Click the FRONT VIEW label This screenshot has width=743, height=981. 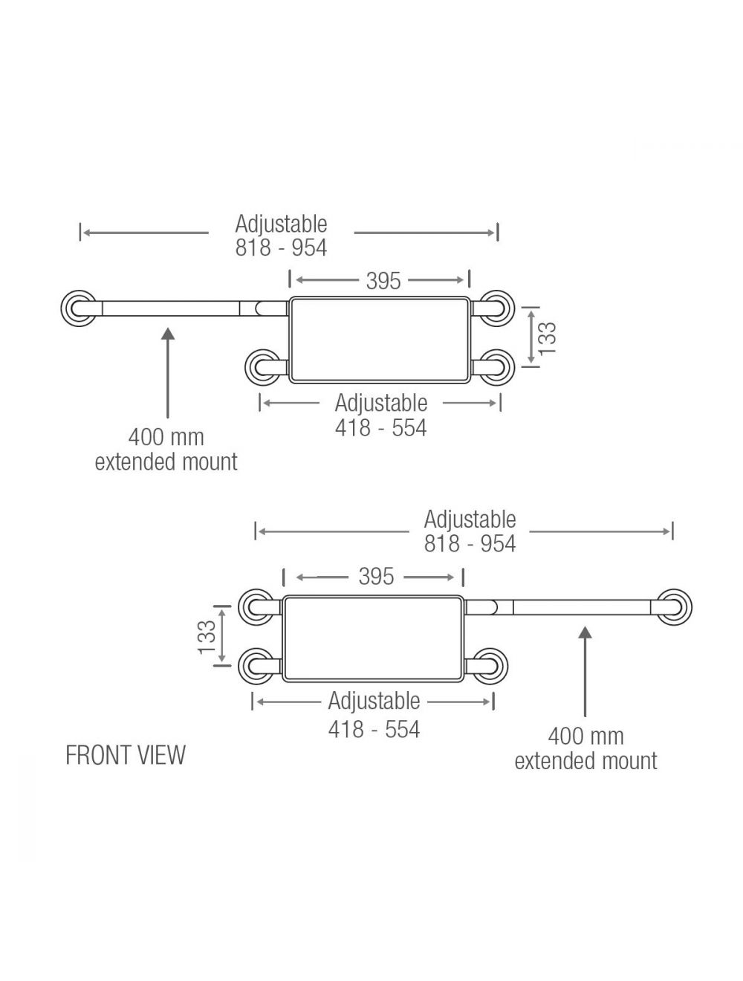(126, 755)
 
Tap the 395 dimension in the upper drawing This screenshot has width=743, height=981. (383, 281)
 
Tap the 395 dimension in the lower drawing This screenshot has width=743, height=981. (376, 577)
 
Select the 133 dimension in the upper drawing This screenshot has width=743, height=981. (547, 338)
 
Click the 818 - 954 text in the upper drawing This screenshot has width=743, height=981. (281, 247)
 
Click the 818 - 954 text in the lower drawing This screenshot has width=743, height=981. (470, 544)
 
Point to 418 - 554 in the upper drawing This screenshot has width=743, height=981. (380, 428)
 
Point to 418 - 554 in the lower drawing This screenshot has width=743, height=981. (374, 729)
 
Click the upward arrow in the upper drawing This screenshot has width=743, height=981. (168, 372)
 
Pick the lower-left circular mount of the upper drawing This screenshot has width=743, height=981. (262, 367)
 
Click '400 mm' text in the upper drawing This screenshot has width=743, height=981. (166, 437)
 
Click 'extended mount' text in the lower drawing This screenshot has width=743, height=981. (585, 761)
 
